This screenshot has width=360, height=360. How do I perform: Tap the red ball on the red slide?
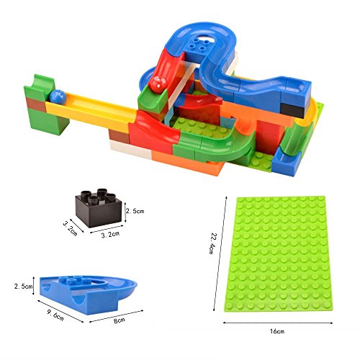(158, 84)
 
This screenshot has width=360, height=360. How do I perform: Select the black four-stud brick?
(99, 208)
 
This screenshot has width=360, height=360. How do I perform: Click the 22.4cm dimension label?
(211, 243)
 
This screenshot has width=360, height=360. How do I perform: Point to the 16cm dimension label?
(277, 331)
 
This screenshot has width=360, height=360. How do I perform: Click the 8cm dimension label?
(120, 320)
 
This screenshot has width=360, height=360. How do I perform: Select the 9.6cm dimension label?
(55, 315)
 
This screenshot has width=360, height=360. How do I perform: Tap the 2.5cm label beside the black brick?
(135, 211)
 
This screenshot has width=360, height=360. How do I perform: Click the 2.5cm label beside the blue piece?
(23, 286)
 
